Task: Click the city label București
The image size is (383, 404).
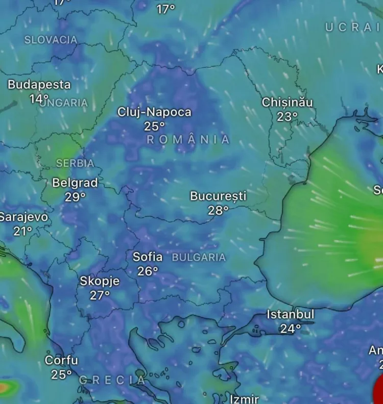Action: [218, 196]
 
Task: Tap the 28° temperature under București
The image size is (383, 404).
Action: [218, 210]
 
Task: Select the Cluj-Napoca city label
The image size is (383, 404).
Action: [154, 112]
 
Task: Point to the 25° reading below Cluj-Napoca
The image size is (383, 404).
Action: [154, 127]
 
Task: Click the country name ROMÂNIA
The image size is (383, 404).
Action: [188, 140]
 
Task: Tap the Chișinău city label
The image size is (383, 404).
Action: [287, 103]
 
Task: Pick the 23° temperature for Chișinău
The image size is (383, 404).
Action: [287, 117]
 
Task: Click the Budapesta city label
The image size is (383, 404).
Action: [39, 85]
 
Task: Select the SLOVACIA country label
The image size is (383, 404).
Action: [51, 40]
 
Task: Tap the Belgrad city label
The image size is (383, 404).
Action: [75, 183]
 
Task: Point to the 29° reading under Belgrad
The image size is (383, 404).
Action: [75, 197]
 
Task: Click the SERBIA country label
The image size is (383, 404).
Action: [75, 164]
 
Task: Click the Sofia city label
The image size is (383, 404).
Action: [148, 257]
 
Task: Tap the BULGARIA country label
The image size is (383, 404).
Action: [199, 258]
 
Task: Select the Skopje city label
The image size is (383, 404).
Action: [100, 281]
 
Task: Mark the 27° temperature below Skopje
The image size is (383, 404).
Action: [100, 295]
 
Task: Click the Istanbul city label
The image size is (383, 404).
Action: [291, 315]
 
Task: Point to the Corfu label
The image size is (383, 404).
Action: [61, 361]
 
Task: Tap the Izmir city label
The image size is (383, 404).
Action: [244, 399]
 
